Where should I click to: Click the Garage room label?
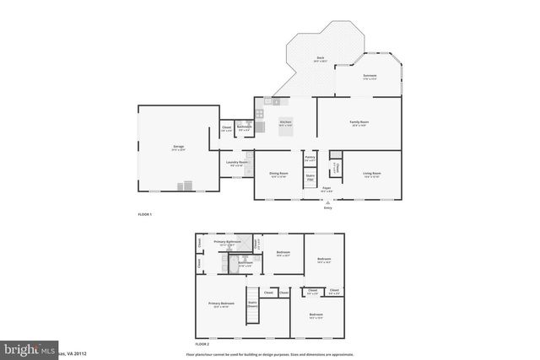coord(179,147)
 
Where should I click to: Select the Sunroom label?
coord(370,75)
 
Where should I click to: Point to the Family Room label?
coord(359,121)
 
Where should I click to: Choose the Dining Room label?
coord(278,174)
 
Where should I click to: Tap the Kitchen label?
coord(285,122)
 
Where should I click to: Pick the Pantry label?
coord(310,158)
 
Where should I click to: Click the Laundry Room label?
coord(237,163)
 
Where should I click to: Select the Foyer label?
coord(326,190)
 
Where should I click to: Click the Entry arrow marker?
coord(328,202)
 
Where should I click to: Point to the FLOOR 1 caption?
coord(144,215)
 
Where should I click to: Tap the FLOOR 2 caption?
coord(202,344)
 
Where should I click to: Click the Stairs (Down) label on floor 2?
coord(251,304)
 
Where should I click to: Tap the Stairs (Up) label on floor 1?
coord(310,177)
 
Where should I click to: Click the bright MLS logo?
coord(25,348)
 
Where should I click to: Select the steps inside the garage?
coord(185,186)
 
